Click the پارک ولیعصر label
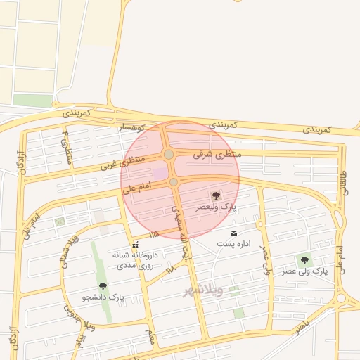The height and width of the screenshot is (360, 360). tap(216, 209)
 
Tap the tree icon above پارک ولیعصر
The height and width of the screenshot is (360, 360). tap(216, 196)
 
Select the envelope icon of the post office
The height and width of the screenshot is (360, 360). tap(233, 233)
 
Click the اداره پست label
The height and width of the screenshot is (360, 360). tap(233, 243)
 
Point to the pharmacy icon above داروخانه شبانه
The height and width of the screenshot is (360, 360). tap(135, 245)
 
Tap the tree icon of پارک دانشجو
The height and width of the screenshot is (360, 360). tap(103, 286)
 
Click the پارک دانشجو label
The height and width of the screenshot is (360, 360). tap(103, 297)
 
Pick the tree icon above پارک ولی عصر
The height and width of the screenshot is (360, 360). tap(304, 260)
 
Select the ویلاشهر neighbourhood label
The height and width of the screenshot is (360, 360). tap(203, 290)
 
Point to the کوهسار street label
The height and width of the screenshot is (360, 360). tap(129, 127)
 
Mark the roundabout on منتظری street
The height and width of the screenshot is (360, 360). tap(169, 154)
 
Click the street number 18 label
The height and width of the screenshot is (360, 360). tap(169, 269)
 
